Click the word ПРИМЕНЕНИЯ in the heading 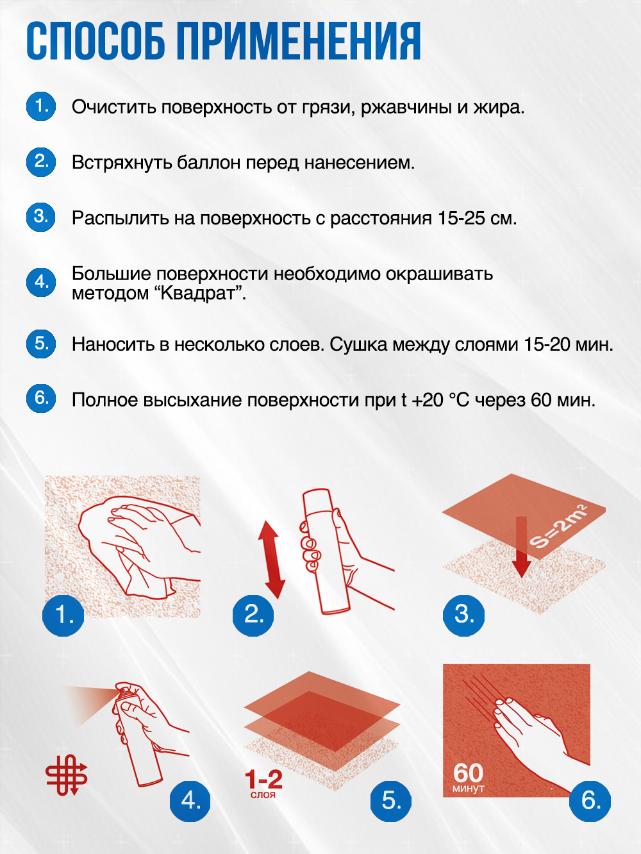[x=299, y=41]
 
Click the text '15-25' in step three [x=461, y=218]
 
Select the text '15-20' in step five [x=547, y=344]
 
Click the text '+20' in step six [x=427, y=400]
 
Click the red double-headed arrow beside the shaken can [x=271, y=559]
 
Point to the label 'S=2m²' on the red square [x=558, y=526]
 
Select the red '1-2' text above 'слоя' [x=263, y=780]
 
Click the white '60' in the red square [x=468, y=773]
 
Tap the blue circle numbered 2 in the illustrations [x=253, y=615]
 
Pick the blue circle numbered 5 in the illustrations [x=390, y=801]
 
